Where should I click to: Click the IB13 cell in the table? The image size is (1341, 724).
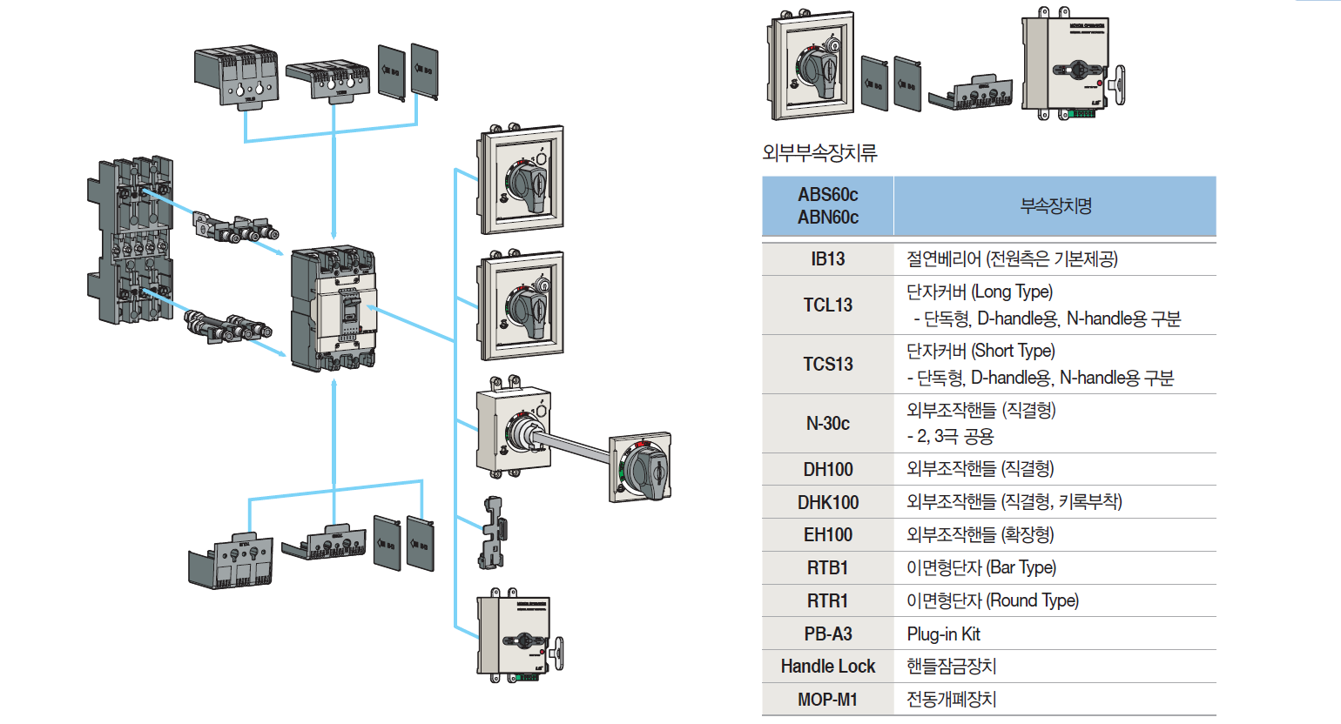(827, 259)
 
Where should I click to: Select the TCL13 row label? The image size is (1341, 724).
(827, 305)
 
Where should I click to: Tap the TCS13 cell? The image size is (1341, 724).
(827, 365)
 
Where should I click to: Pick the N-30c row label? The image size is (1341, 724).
(827, 424)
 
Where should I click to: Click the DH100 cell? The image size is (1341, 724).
(827, 470)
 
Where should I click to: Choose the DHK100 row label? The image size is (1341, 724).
(827, 503)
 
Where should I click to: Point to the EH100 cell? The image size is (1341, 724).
(827, 535)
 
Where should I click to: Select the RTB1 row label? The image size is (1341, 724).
(827, 568)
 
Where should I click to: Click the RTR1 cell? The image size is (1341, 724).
(827, 601)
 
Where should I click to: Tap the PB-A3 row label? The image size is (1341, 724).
(827, 634)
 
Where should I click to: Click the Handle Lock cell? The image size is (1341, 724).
(827, 667)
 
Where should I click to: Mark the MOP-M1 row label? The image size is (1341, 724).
(827, 700)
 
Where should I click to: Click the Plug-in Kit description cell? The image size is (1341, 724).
(943, 634)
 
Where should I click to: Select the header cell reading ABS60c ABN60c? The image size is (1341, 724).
(827, 206)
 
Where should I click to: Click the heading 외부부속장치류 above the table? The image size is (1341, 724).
(819, 153)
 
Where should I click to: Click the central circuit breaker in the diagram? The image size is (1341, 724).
(334, 309)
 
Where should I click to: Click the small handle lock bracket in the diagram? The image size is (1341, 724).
(494, 533)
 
